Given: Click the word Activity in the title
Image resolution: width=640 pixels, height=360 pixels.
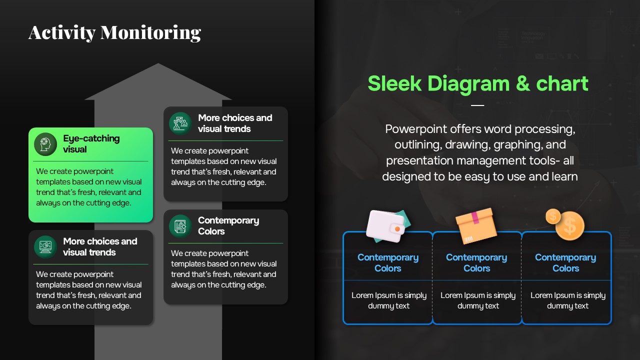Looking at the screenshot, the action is tap(61, 32).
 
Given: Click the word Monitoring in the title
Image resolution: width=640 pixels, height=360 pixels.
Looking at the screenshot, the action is tap(151, 33).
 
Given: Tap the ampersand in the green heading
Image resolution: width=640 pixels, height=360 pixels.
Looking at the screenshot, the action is tap(523, 83).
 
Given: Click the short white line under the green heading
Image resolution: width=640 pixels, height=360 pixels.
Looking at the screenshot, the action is tap(477, 105).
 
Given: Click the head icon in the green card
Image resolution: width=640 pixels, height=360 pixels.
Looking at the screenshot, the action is tap(45, 144).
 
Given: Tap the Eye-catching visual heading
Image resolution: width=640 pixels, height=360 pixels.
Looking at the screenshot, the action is tap(91, 143).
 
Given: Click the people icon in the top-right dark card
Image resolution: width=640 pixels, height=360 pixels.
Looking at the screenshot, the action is tap(180, 123).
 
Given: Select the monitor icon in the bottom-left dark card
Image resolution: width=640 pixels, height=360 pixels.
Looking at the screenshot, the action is tap(45, 247).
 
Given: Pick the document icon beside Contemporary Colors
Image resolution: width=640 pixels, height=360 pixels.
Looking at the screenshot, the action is tap(180, 226).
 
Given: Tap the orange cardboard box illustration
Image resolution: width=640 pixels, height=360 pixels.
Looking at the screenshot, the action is tap(476, 225).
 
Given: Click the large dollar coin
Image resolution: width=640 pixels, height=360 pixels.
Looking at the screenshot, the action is tap(570, 225).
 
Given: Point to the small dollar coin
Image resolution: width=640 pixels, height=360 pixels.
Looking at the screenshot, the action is tap(553, 216).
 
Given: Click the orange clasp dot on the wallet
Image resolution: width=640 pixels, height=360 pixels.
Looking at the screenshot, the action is tap(397, 229).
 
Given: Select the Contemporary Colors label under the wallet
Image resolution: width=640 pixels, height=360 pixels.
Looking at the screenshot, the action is tap(388, 263).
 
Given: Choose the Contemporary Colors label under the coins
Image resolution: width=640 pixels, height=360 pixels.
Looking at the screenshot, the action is tap(565, 263).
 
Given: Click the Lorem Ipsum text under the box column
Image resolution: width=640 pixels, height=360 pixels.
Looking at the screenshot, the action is tap(478, 300).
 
